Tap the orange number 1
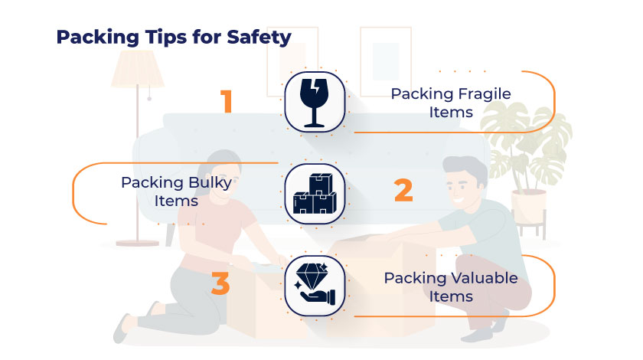click(226, 102)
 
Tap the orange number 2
click(403, 191)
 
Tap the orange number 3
click(220, 283)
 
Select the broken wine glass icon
click(315, 101)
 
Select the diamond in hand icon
click(315, 286)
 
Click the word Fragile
click(483, 94)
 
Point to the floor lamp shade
click(138, 70)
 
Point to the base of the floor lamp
click(138, 241)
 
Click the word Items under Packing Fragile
click(451, 113)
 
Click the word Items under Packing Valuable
click(451, 296)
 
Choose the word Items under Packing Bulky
click(177, 201)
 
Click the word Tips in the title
click(162, 38)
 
